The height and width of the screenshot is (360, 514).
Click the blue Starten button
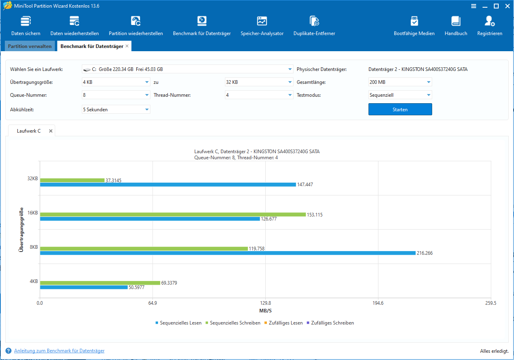coord(400,109)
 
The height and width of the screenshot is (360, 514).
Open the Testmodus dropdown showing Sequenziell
coord(400,95)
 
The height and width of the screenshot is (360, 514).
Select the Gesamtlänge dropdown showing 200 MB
coord(400,82)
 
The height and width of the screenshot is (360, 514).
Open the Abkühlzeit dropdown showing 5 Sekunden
coord(116,109)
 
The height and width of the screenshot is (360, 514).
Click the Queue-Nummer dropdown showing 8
coord(116,95)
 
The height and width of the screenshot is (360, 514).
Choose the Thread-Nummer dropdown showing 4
coord(259,95)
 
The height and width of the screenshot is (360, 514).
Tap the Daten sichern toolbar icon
coord(26,21)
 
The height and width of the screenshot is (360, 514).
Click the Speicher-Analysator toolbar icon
coord(262,21)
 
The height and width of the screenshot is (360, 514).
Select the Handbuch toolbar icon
coord(456,21)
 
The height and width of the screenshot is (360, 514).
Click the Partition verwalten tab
coord(30,46)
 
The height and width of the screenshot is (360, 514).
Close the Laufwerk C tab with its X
coord(51,131)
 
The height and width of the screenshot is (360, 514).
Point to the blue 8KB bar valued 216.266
coord(228,253)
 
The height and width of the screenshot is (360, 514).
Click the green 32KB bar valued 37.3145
coord(72,180)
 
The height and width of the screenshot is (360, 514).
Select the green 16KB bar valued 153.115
coord(173,214)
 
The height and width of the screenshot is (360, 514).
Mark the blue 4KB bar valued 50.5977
coord(84,287)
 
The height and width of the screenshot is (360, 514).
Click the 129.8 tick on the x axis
coord(266,303)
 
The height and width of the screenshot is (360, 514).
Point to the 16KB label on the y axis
coord(33,213)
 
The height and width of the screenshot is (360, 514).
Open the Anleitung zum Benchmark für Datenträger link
coord(59,351)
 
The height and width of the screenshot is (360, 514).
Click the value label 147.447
coord(305,185)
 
